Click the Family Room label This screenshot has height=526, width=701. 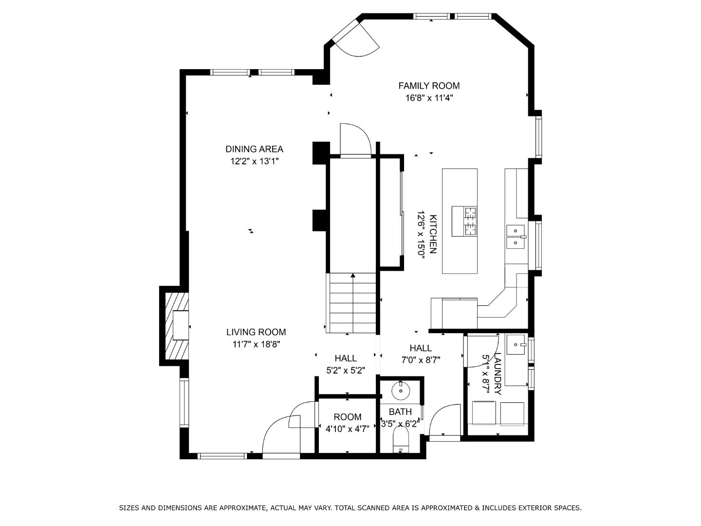(428, 86)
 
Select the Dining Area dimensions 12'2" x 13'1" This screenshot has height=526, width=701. (254, 161)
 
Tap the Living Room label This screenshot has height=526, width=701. (256, 332)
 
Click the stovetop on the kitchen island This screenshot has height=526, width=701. (464, 221)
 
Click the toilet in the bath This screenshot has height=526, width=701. (401, 441)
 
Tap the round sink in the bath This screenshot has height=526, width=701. (401, 390)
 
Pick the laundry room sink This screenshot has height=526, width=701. (516, 345)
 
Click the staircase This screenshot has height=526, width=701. (351, 303)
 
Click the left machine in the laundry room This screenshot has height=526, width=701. (483, 413)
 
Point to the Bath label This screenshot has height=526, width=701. (400, 412)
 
